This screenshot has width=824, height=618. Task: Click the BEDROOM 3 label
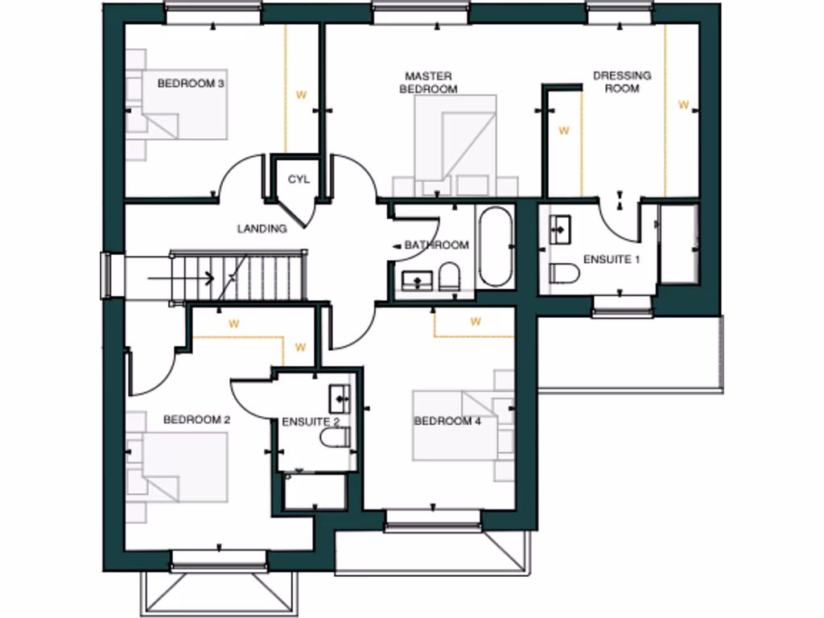[x=190, y=83]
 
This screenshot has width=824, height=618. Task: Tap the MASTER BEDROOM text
[x=429, y=83]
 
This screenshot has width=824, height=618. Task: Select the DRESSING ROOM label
[x=622, y=82]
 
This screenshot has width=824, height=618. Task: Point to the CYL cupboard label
[x=299, y=179]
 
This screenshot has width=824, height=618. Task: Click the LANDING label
[x=262, y=229]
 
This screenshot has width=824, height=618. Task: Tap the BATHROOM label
[x=436, y=245]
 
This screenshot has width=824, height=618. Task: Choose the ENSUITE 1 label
[x=612, y=259]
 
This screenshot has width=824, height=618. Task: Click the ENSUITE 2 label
[x=311, y=422]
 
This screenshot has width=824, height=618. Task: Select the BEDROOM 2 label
[x=197, y=419]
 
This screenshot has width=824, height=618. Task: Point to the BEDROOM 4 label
[x=447, y=421]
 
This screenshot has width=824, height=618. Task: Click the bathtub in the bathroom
[x=494, y=247]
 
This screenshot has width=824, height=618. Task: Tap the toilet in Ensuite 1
[x=564, y=274]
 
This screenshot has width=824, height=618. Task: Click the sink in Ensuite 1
[x=561, y=229]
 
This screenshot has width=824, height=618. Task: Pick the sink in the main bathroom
[x=417, y=281]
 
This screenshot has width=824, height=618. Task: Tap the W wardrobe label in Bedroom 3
[x=301, y=95]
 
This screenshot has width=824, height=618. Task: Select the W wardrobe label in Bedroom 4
[x=476, y=322]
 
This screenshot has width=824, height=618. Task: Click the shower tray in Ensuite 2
[x=315, y=491]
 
